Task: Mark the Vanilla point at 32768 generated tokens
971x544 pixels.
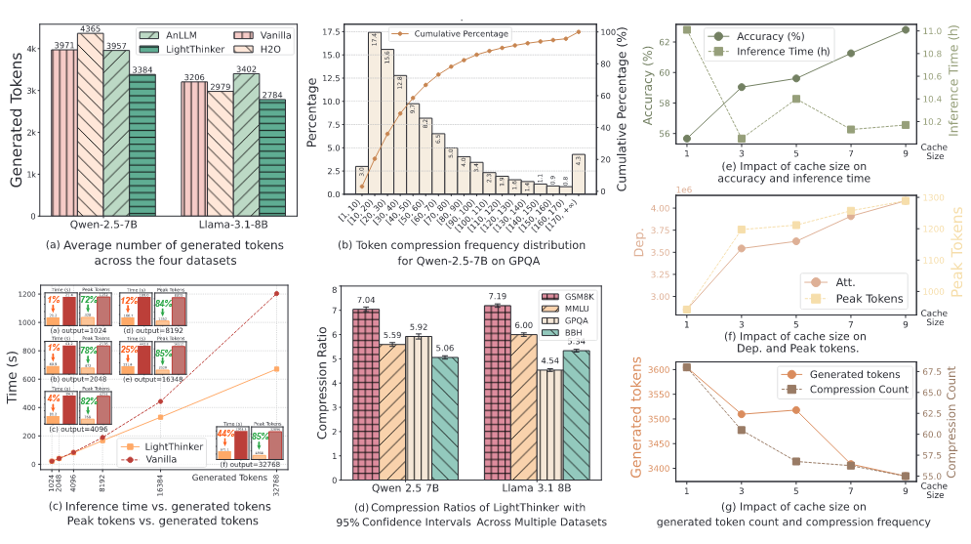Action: point(276,293)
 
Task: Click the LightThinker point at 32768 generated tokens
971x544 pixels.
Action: point(276,369)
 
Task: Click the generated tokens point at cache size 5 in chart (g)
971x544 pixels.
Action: point(796,409)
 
